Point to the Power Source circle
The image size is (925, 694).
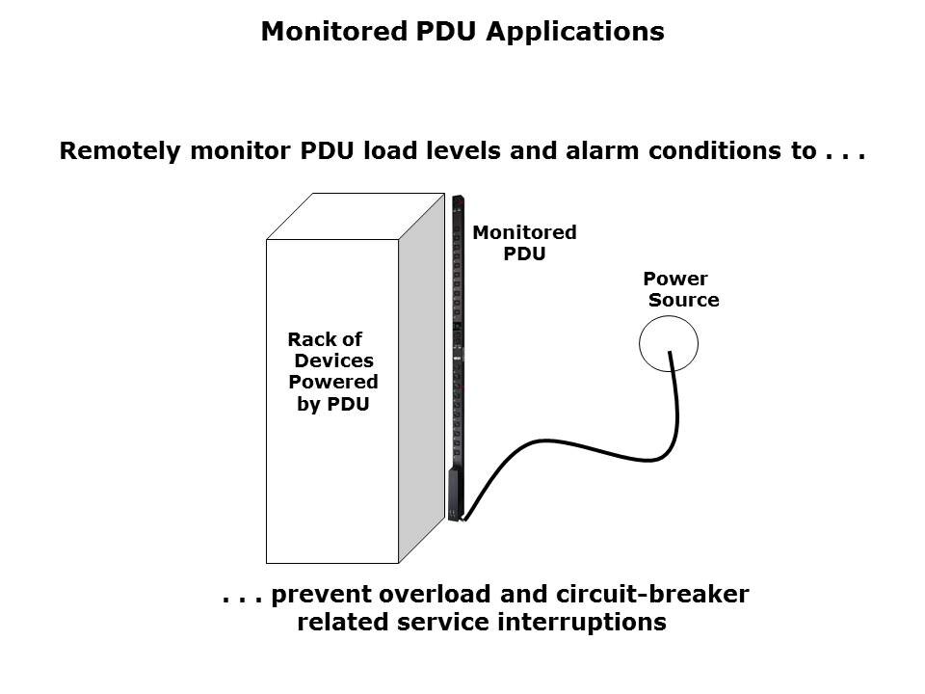click(x=669, y=342)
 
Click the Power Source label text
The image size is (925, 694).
click(x=680, y=289)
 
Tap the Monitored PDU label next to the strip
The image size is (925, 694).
click(x=524, y=243)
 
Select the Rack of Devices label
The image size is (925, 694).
click(x=330, y=350)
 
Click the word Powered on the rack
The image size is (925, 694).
click(x=333, y=383)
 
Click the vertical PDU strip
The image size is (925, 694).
click(x=458, y=357)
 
